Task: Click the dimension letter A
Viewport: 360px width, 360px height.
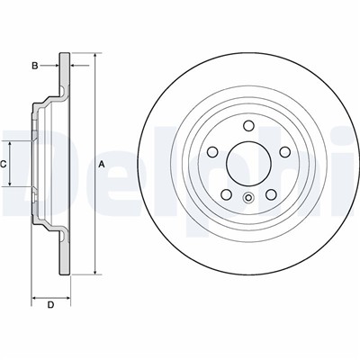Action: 102,164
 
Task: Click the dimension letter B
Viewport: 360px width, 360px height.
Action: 35,66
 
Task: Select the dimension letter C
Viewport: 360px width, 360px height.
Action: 4,164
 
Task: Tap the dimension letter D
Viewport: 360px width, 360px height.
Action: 51,305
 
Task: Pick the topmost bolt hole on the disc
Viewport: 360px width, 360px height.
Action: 248,125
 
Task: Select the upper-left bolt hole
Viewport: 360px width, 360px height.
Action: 212,151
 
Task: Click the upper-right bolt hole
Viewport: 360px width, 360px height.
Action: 284,151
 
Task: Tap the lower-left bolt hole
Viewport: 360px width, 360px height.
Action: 226,194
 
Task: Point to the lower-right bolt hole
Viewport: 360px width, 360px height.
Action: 271,194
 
